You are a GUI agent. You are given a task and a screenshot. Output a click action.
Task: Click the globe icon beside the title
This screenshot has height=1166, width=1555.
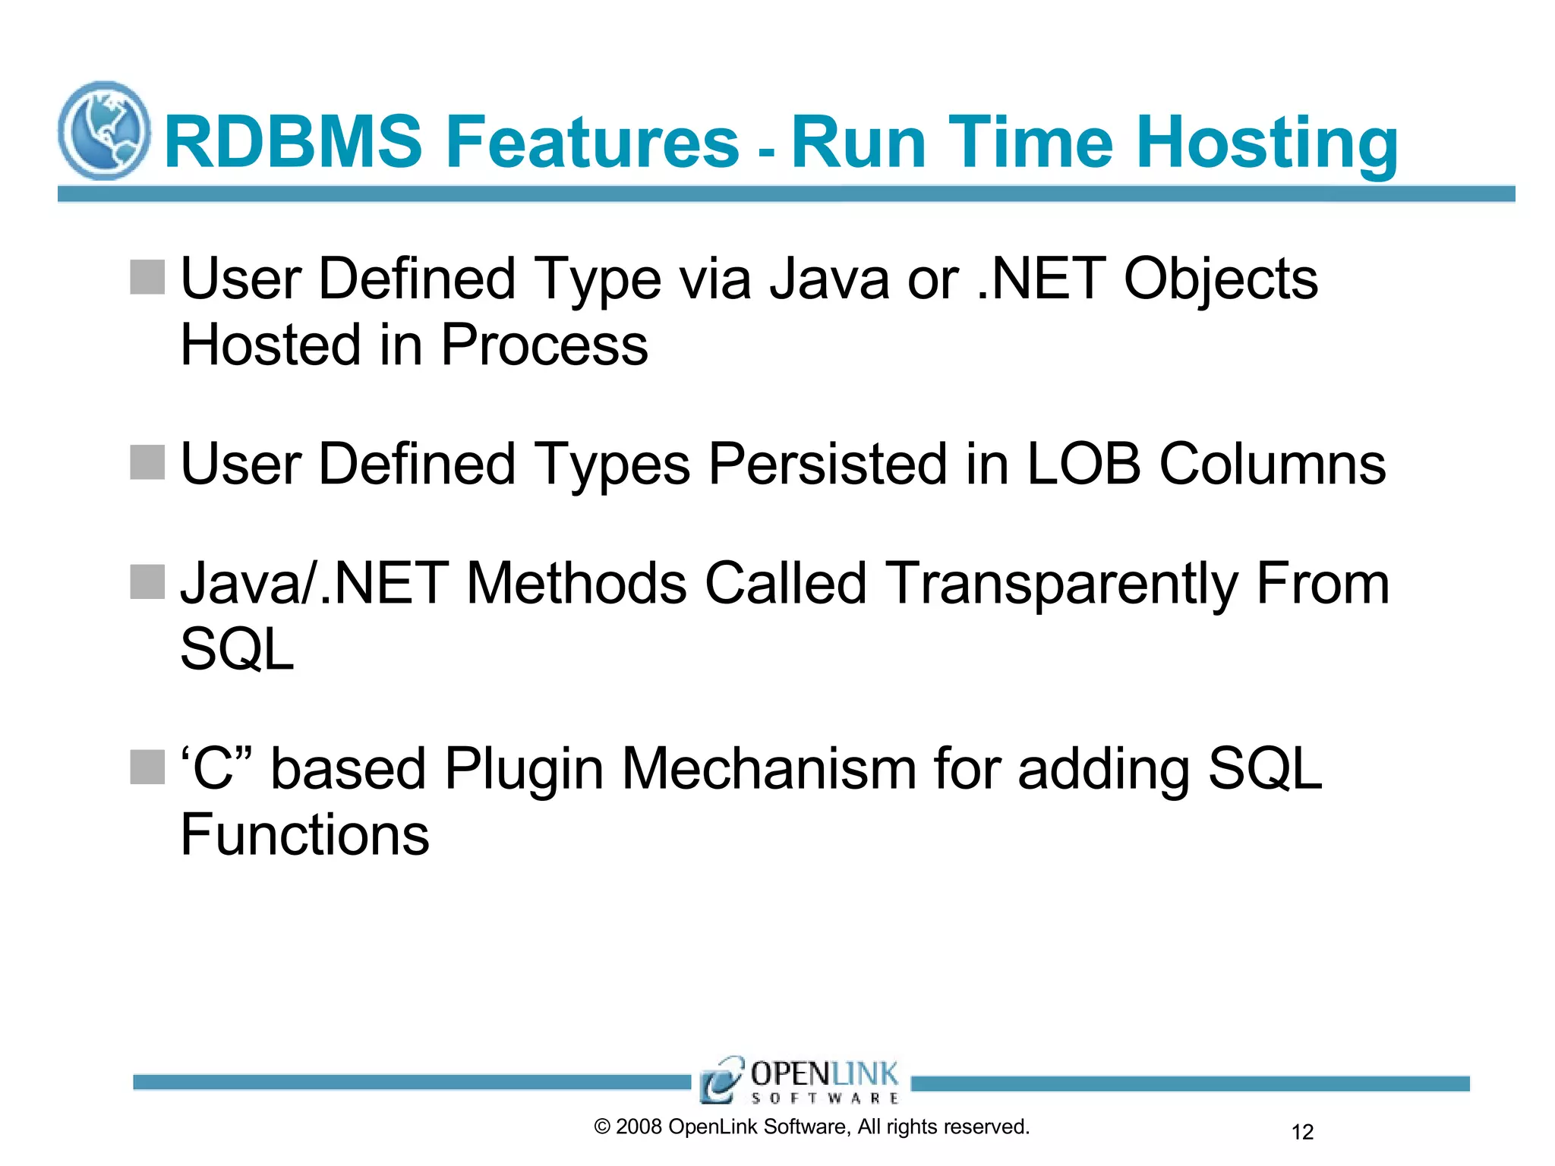(104, 131)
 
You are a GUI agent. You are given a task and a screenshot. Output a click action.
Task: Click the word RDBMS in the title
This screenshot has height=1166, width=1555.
(293, 142)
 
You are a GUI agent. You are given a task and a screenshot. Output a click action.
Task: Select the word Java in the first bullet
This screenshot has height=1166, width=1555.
(828, 279)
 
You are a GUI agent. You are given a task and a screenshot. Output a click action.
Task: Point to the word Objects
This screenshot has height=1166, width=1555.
(1220, 279)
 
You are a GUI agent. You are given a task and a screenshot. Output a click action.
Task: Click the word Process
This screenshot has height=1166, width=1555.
(544, 345)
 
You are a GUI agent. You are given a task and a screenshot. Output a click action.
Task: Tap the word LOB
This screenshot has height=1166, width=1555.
(1083, 464)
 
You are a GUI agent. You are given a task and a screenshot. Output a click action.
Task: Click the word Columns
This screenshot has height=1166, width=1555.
(1272, 464)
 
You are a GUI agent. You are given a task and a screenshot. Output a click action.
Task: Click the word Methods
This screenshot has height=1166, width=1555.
(576, 584)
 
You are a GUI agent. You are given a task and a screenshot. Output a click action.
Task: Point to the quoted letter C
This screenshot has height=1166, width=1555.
(213, 768)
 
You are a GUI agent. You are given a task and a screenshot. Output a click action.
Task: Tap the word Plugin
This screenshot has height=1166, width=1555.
(524, 770)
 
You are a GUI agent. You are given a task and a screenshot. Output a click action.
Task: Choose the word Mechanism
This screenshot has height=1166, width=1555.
(768, 768)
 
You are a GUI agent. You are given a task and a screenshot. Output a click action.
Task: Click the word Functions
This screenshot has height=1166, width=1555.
(304, 835)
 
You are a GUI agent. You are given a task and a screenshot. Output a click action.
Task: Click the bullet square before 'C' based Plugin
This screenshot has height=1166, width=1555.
(147, 767)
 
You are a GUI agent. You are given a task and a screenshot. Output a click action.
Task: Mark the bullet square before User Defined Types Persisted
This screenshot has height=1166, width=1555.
(147, 462)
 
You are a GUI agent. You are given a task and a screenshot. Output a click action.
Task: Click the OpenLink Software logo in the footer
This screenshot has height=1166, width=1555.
(800, 1080)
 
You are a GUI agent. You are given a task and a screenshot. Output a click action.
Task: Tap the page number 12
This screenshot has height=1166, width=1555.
(1302, 1132)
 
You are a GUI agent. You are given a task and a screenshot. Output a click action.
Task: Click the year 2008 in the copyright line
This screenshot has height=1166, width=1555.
(639, 1127)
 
